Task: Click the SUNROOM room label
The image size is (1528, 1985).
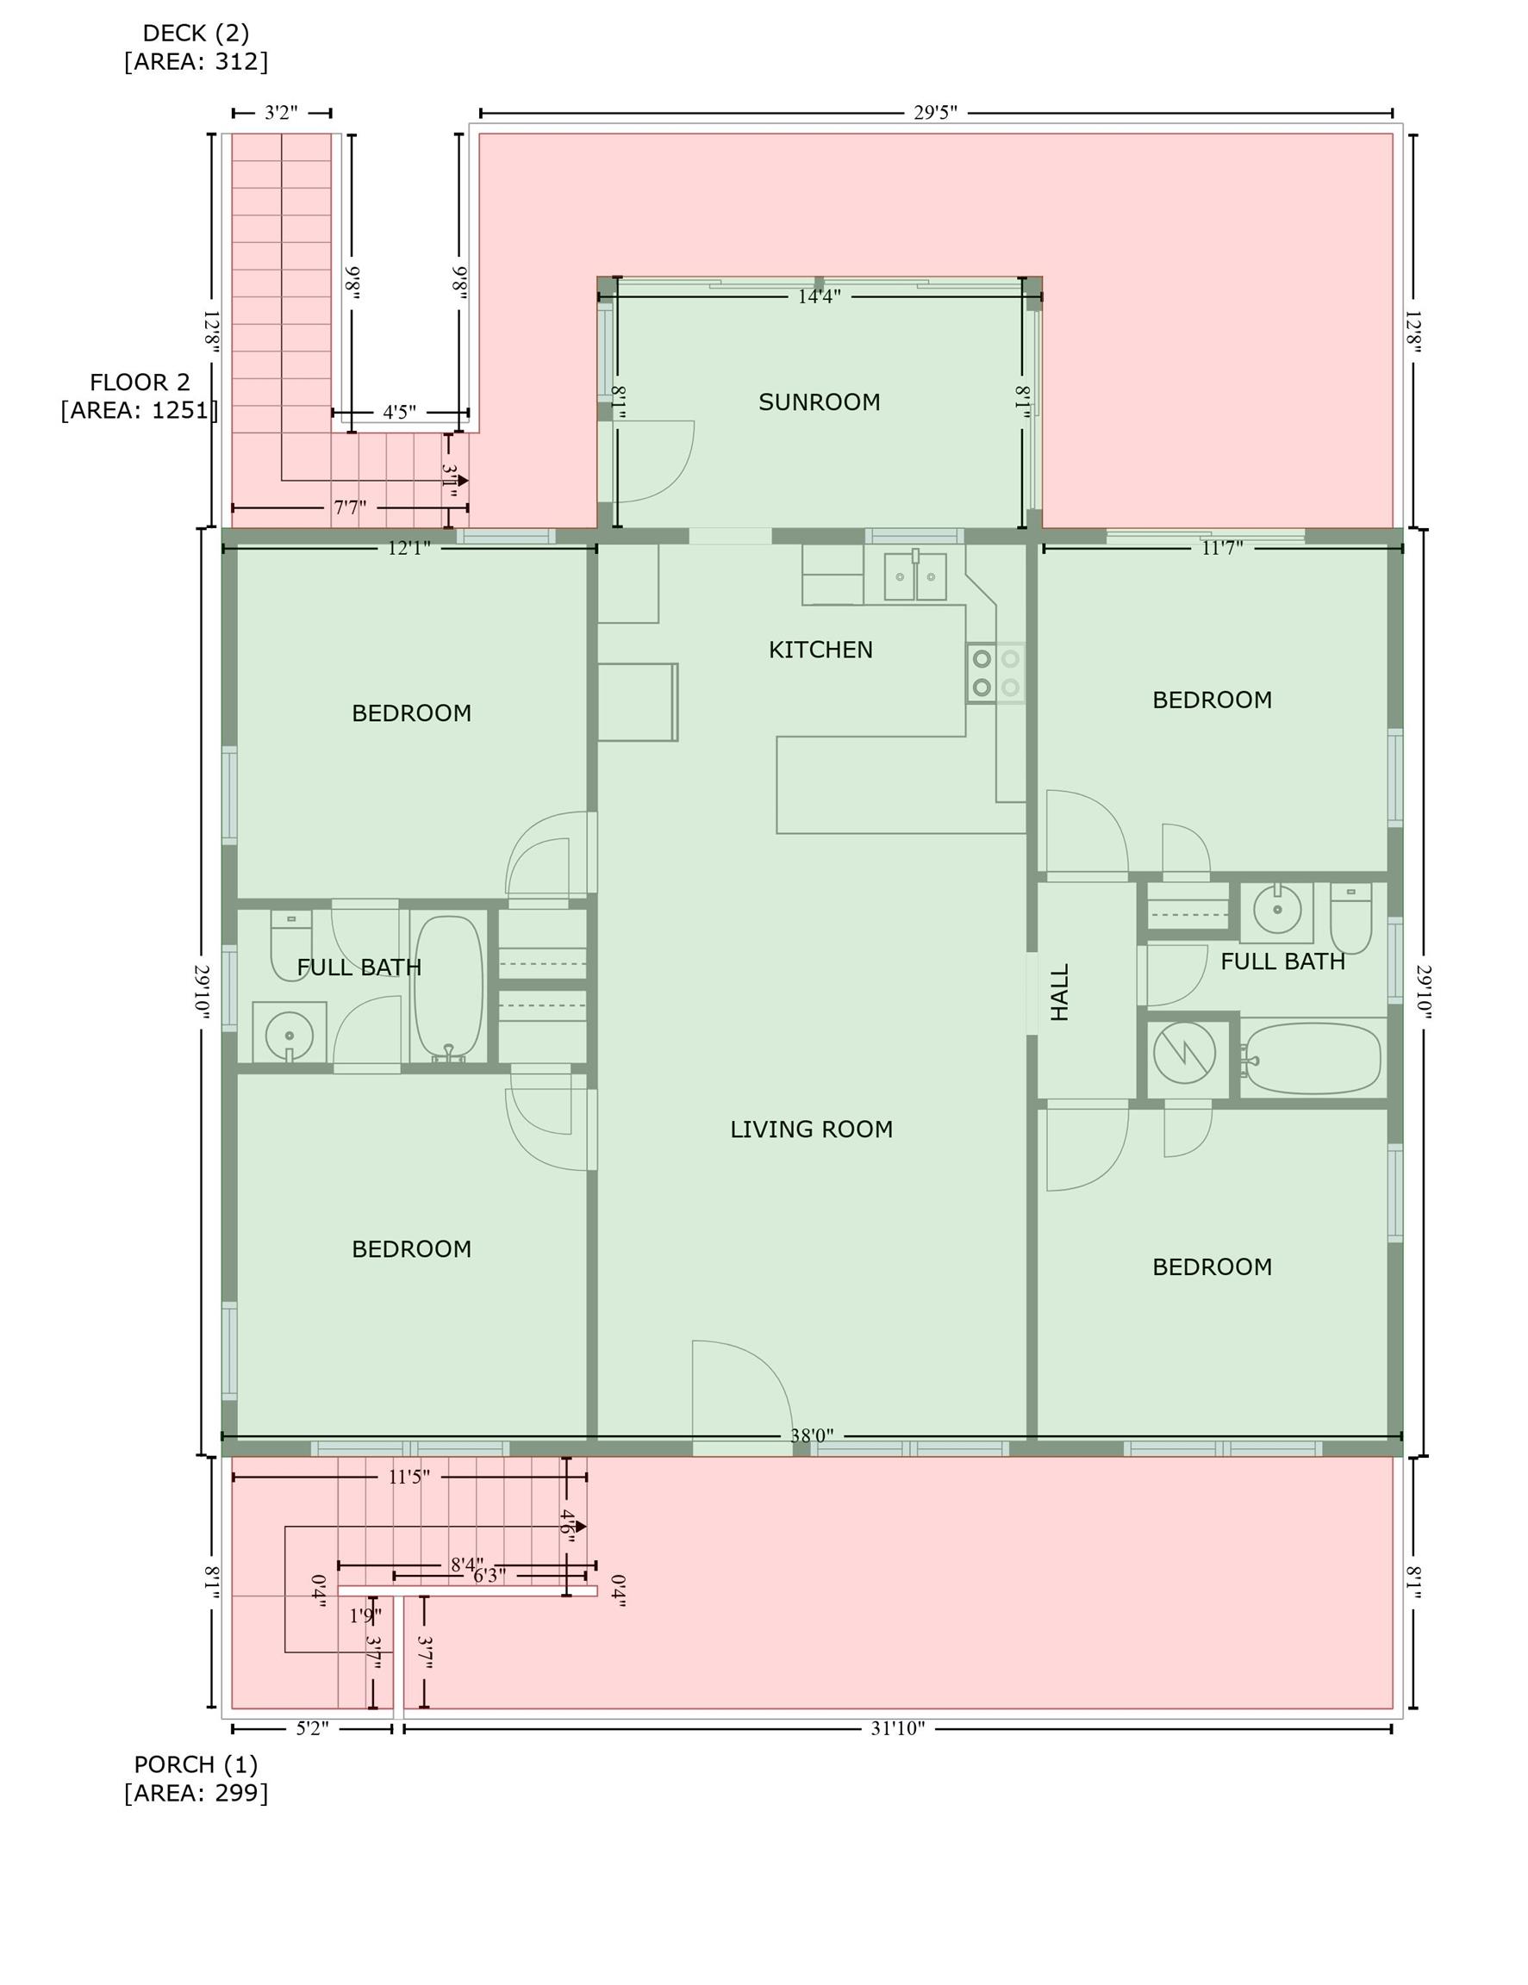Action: pos(819,401)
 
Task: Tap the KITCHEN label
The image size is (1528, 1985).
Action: pos(820,650)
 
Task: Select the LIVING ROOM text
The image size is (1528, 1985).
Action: pos(811,1129)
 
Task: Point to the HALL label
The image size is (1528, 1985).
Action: pos(1060,992)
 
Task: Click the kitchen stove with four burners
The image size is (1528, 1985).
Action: pos(995,673)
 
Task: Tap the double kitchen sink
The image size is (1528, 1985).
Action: pos(915,576)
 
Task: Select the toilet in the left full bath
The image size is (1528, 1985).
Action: pos(291,944)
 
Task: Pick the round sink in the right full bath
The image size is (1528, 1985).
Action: pos(1277,909)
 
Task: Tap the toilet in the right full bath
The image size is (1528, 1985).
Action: pos(1351,918)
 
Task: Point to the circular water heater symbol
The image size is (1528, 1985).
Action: pos(1184,1053)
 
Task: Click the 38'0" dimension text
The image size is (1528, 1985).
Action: pos(812,1436)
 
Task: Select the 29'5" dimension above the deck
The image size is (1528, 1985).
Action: pos(935,113)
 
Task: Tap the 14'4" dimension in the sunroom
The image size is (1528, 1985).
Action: pos(819,296)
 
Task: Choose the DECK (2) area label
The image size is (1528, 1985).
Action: pos(196,34)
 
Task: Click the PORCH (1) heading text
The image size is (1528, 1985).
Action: pos(196,1764)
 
